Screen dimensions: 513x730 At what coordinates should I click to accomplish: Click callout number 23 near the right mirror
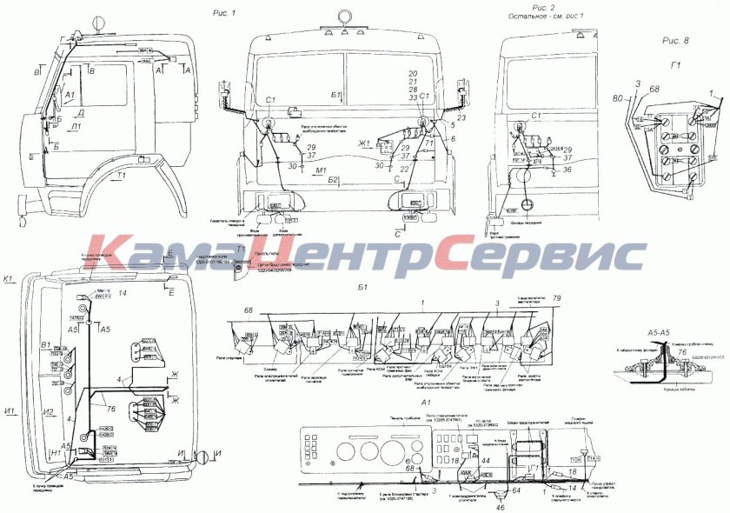coord(461,117)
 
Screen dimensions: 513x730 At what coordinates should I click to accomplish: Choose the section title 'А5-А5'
coord(661,332)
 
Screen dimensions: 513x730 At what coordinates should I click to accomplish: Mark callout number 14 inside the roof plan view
coord(123,296)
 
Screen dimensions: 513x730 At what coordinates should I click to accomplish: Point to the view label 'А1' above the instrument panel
coord(425,403)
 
